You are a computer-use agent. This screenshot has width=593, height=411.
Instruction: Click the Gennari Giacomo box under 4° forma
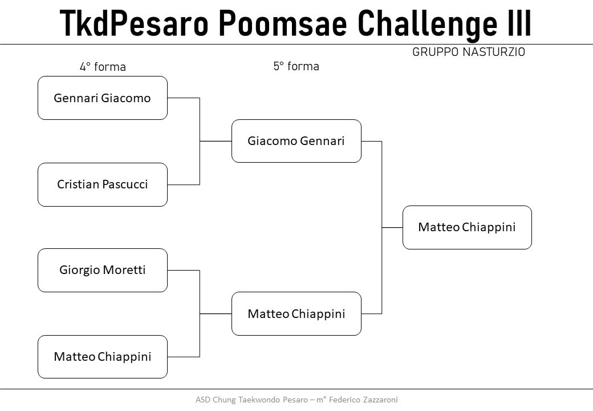[x=103, y=98]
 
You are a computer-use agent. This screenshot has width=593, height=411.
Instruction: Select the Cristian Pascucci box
[x=103, y=185]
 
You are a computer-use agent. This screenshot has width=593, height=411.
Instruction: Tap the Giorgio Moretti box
[x=103, y=270]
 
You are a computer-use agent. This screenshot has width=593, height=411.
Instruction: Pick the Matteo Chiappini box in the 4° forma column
[x=103, y=357]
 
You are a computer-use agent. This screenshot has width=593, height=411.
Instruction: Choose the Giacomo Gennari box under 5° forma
[x=296, y=141]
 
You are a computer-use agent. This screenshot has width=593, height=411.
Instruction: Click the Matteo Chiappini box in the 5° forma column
[x=296, y=314]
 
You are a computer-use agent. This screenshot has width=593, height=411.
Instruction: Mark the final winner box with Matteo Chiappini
[x=467, y=227]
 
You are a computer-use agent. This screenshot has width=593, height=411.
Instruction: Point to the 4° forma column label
[x=103, y=67]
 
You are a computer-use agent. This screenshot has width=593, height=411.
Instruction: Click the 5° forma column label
[x=296, y=66]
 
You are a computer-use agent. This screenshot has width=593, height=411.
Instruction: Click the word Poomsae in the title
[x=283, y=23]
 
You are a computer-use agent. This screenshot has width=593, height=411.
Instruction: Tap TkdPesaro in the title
[x=134, y=23]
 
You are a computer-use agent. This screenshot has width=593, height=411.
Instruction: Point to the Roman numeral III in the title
[x=519, y=23]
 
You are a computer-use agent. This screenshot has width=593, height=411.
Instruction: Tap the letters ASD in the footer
[x=203, y=400]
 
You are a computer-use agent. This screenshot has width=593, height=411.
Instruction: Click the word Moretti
[x=124, y=270]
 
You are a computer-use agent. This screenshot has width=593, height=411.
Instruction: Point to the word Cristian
[x=78, y=184]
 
